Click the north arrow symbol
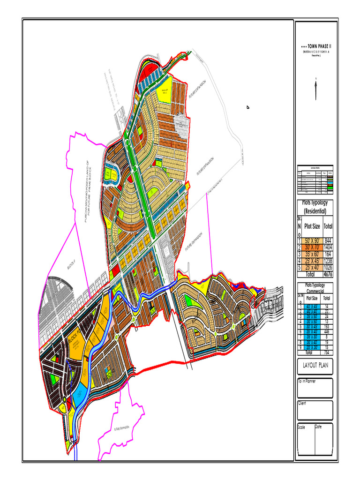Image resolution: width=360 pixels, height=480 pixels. click(316, 89)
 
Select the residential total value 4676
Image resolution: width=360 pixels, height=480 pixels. click(328, 274)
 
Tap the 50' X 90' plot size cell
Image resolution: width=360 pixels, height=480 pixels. click(309, 240)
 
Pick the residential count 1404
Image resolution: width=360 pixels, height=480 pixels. click(328, 247)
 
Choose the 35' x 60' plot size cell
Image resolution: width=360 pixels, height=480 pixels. click(309, 254)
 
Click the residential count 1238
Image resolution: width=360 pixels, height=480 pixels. click(328, 261)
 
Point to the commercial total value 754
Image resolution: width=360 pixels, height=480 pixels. click(327, 352)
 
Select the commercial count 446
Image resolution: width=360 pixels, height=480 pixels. click(327, 331)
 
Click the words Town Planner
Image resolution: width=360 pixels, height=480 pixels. click(307, 381)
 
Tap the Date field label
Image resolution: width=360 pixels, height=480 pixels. click(319, 427)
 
